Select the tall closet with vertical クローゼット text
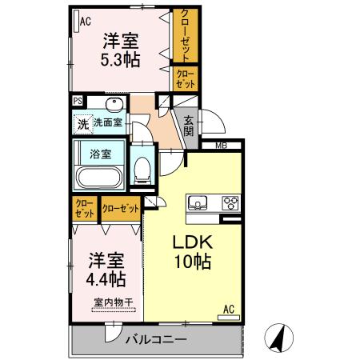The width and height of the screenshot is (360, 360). coord(186,36)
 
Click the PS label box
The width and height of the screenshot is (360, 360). coord(78,101)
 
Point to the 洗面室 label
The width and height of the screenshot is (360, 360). coord(107,123)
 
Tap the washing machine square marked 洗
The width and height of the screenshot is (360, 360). coord(82,124)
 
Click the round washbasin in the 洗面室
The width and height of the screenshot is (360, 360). coord(109,106)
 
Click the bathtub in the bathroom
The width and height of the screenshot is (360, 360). coord(98,177)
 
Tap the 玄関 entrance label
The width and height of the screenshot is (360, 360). coord(188,126)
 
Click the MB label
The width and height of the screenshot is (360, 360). coord(219,146)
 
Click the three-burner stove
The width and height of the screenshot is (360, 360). coord(230,202)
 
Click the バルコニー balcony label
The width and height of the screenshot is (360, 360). coord(156,340)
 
